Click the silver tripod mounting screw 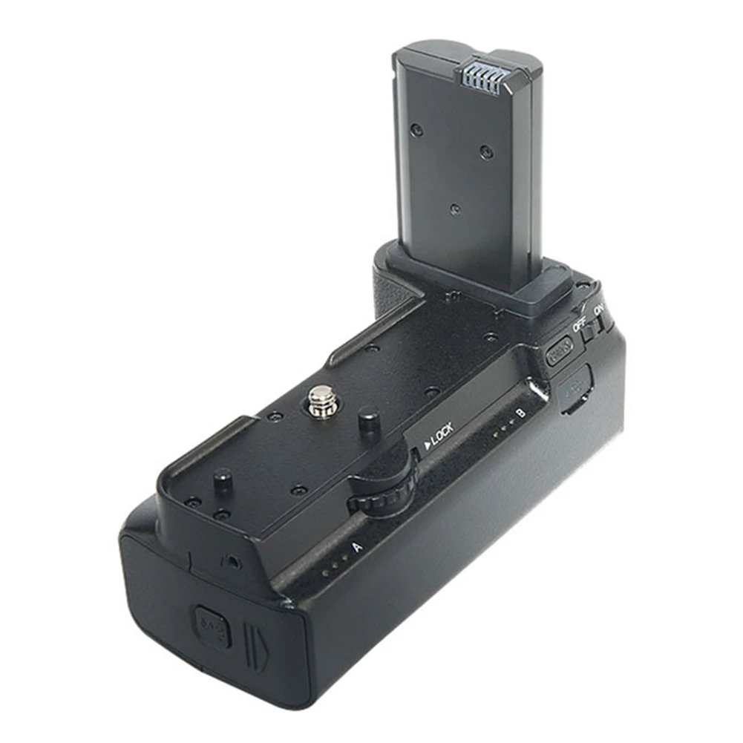click(321, 402)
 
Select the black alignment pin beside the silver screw click(369, 424)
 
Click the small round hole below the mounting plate click(235, 562)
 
